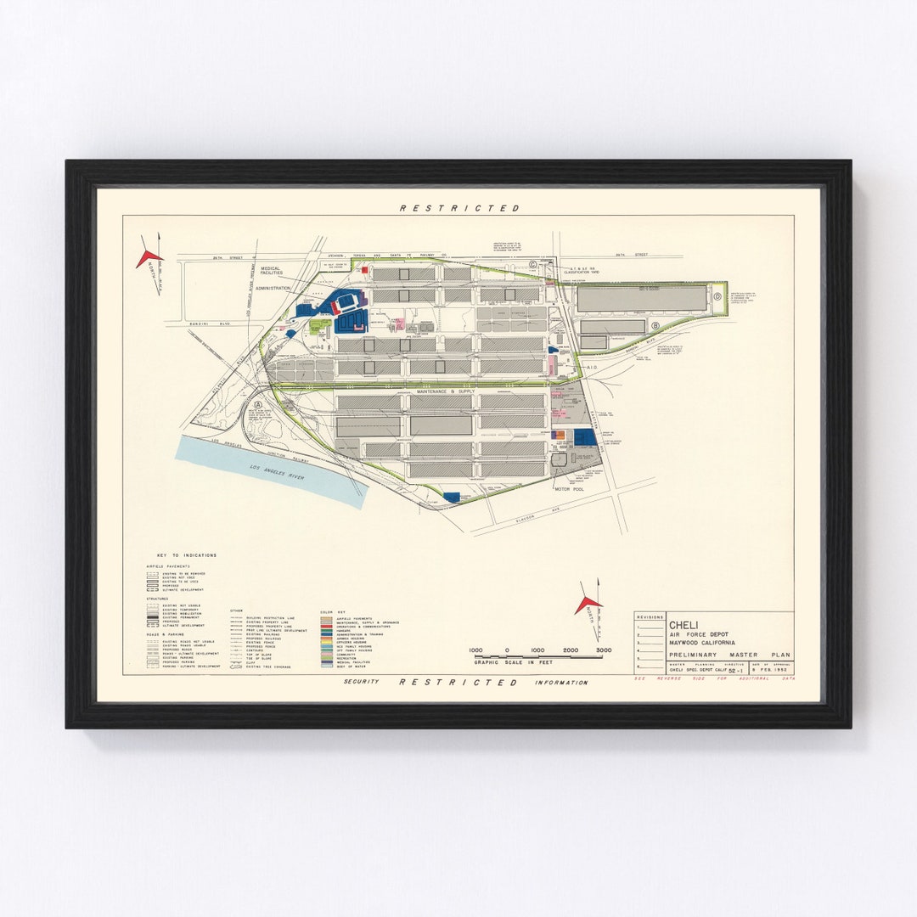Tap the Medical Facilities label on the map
pyautogui.click(x=272, y=270)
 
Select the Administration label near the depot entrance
pyautogui.click(x=273, y=289)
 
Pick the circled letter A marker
pyautogui.click(x=257, y=406)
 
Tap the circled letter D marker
pyautogui.click(x=717, y=296)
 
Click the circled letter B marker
pyautogui.click(x=655, y=324)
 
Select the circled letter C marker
pyautogui.click(x=533, y=265)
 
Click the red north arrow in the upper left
pyautogui.click(x=149, y=257)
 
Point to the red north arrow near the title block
pyautogui.click(x=588, y=604)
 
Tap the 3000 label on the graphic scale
pyautogui.click(x=603, y=650)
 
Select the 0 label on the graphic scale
pyautogui.click(x=507, y=650)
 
